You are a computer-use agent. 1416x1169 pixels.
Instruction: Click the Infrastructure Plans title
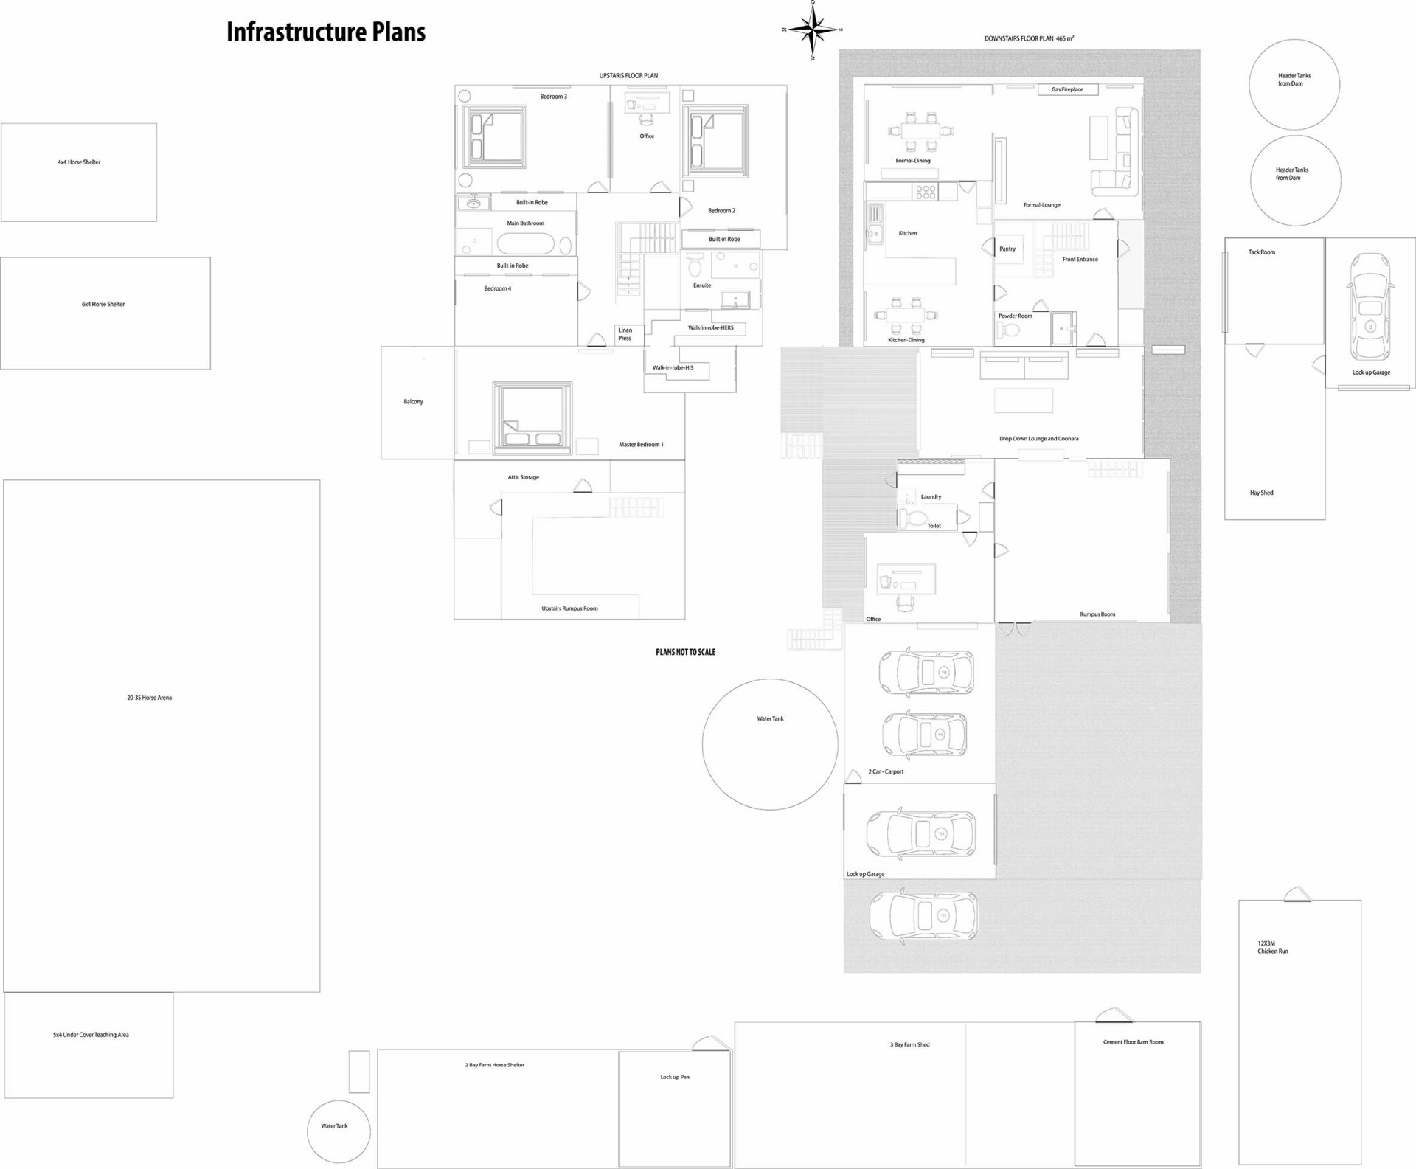325,32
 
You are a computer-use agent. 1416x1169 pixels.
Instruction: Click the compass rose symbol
812,30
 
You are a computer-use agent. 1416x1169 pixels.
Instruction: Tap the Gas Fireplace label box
1068,89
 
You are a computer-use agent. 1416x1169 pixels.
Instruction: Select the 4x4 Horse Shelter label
79,162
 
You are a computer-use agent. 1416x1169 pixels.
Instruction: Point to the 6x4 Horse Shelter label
103,304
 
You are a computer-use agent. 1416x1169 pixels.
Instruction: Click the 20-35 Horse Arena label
149,698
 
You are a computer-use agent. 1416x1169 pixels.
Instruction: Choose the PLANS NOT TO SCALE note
685,652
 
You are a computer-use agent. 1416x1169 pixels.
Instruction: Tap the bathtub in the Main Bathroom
526,243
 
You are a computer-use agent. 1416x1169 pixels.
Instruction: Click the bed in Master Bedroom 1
532,417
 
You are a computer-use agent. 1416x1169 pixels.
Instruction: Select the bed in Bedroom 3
495,136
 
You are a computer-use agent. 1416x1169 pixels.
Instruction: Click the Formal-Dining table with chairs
921,131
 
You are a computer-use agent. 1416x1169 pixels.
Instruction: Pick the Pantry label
1007,249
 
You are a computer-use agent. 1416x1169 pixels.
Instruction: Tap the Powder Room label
1015,316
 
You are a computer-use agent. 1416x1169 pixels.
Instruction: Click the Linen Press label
625,334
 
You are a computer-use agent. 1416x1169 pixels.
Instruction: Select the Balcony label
413,402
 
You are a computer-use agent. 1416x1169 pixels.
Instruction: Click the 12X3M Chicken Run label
1273,948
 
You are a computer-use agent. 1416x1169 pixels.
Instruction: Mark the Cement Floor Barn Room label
1133,1042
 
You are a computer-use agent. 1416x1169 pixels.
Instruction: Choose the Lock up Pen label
675,1077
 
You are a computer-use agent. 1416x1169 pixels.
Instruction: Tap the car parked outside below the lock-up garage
923,916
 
